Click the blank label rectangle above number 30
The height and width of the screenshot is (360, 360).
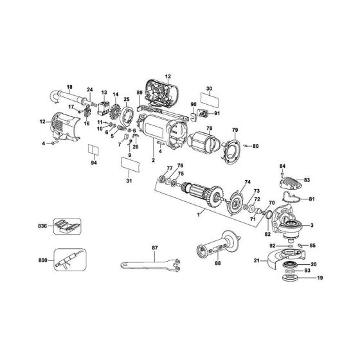click(209, 102)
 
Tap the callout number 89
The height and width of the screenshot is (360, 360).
click(139, 93)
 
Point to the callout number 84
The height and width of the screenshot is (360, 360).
click(300, 167)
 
